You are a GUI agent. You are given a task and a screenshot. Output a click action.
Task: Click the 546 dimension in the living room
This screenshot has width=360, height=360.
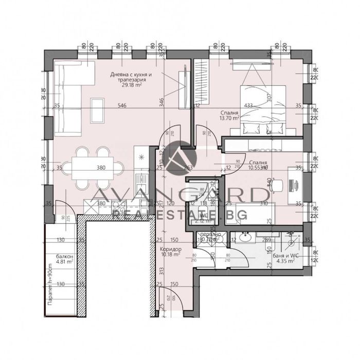click(x=121, y=106)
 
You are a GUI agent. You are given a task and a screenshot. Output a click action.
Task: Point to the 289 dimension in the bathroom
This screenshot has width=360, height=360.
click(x=266, y=240)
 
